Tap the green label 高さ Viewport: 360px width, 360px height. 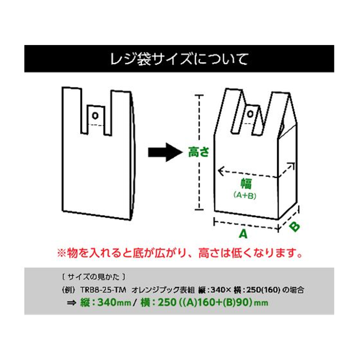[x=199, y=153]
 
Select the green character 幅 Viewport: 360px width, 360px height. [x=245, y=184]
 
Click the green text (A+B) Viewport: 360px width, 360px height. [x=245, y=196]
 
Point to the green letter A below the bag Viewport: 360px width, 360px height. [x=243, y=234]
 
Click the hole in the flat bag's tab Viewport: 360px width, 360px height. [x=94, y=115]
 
